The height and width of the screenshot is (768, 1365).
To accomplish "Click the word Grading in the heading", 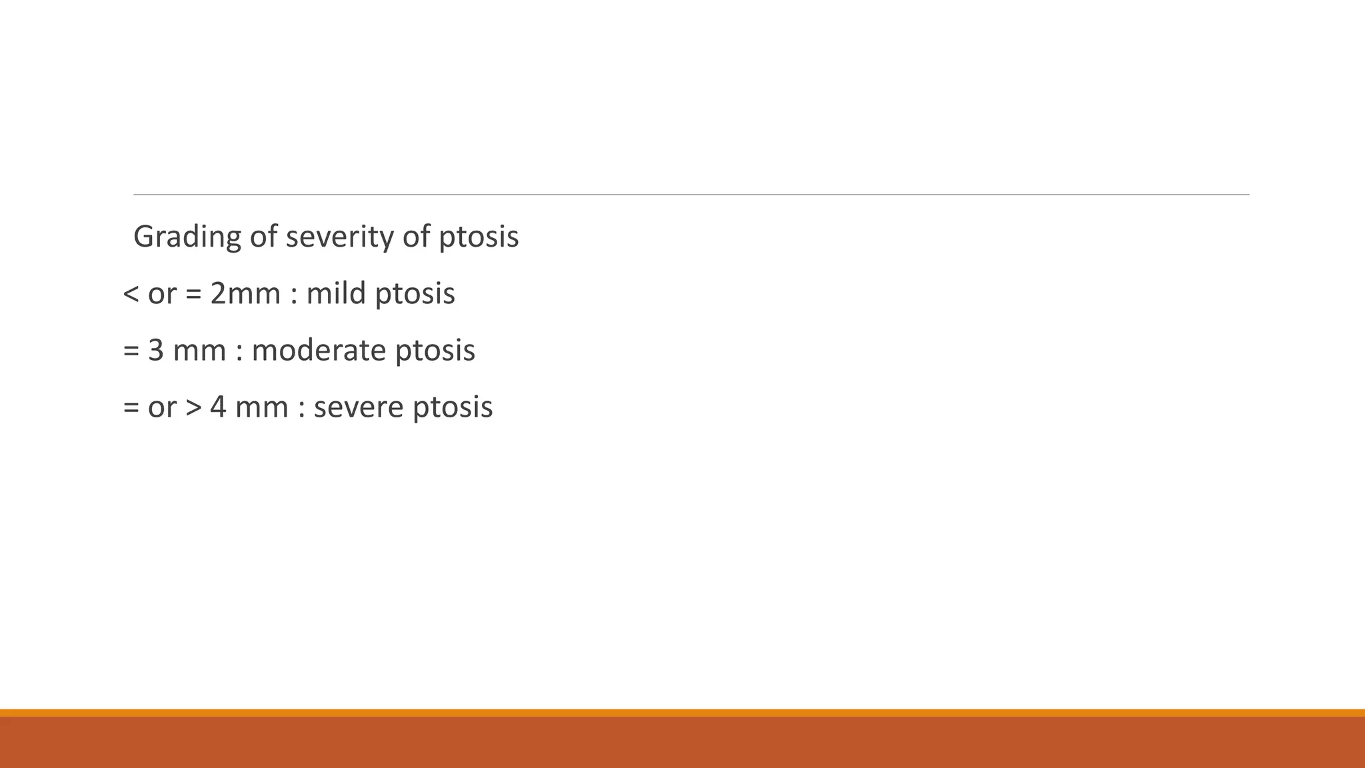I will (x=187, y=237).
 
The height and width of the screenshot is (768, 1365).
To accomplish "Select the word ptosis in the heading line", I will (x=479, y=237).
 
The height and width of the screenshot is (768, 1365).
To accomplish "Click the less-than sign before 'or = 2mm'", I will (x=131, y=294).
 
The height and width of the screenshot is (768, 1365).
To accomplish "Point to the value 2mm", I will (x=245, y=293).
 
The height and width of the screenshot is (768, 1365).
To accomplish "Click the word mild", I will (x=336, y=293).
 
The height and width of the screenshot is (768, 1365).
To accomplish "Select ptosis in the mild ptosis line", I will (x=415, y=295).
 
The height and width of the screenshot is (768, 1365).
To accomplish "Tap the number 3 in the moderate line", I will (x=156, y=351).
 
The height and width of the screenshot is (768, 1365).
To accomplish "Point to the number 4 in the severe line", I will (x=219, y=407).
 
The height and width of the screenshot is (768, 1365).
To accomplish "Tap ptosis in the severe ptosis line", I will (x=453, y=409).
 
